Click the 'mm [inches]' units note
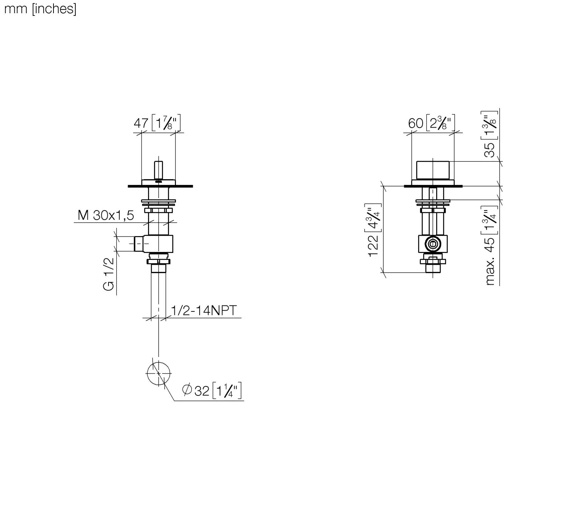[x=40, y=9]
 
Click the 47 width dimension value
[x=141, y=123]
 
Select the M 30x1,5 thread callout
[x=106, y=215]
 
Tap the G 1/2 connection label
[x=109, y=274]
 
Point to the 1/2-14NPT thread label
[x=204, y=311]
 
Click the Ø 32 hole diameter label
[x=196, y=391]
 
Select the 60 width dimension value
[x=416, y=123]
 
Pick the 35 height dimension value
[x=490, y=150]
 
